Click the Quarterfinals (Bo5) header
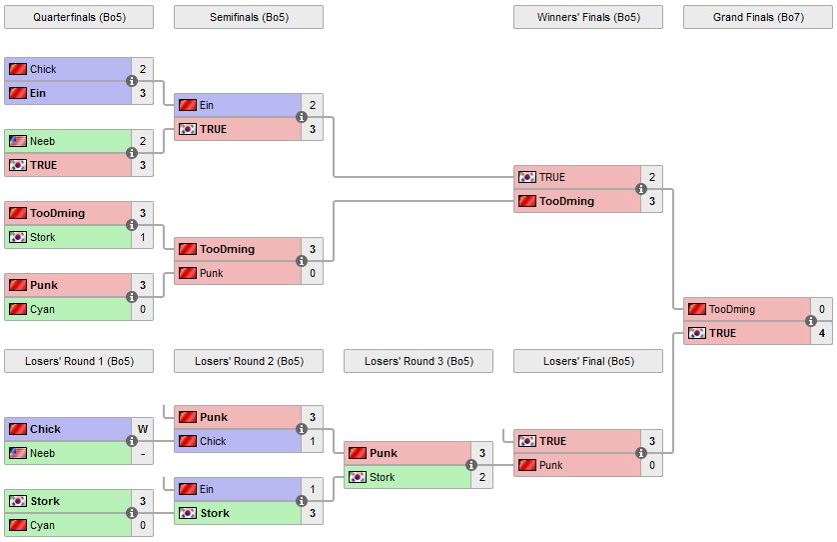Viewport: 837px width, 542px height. point(79,17)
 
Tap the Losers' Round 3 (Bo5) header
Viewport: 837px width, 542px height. point(418,361)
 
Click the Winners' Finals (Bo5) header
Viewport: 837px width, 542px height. point(588,17)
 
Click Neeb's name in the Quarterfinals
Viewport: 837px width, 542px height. point(43,141)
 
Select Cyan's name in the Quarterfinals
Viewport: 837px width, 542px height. point(43,309)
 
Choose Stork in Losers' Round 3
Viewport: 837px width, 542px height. point(382,477)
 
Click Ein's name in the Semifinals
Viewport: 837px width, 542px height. point(208,105)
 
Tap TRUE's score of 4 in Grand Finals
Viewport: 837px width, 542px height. point(821,333)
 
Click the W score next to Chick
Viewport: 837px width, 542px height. point(143,429)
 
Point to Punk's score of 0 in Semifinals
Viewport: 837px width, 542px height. point(312,273)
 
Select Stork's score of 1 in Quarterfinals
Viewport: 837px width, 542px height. point(143,237)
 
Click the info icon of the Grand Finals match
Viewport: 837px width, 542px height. point(810,321)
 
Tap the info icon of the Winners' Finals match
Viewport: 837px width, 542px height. point(640,189)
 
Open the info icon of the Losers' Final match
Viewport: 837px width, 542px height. point(640,453)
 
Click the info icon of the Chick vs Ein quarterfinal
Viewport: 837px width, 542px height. point(132,81)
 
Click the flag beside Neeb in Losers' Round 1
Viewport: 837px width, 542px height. point(18,453)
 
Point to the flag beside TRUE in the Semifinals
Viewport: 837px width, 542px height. point(188,129)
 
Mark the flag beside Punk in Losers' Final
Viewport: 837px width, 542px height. point(527,465)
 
